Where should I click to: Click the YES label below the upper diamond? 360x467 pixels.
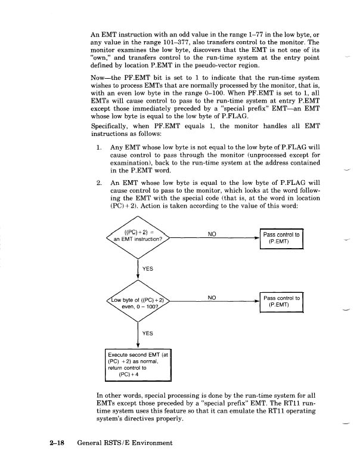[147, 269]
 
